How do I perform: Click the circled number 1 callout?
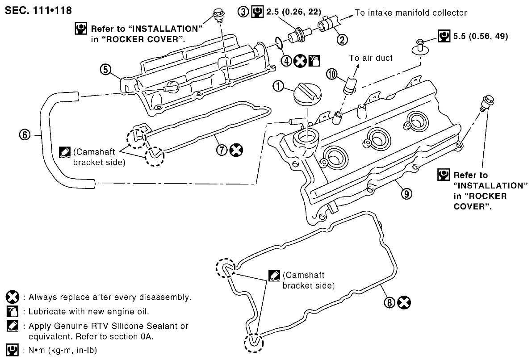click(x=278, y=86)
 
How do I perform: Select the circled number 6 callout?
click(x=25, y=135)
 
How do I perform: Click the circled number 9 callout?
click(x=406, y=193)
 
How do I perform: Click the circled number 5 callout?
click(x=105, y=70)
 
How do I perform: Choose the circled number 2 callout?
click(x=342, y=40)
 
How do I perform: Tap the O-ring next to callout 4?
click(x=278, y=43)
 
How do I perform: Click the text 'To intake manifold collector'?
click(x=411, y=13)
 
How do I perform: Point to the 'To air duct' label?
click(x=371, y=58)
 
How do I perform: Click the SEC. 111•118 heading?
click(x=38, y=10)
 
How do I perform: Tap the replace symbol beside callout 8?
click(x=404, y=302)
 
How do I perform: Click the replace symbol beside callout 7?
click(x=236, y=150)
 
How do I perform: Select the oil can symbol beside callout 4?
click(x=314, y=61)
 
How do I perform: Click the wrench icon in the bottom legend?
click(x=13, y=350)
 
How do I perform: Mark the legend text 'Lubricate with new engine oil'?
click(x=88, y=311)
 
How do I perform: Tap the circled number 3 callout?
click(x=243, y=12)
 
